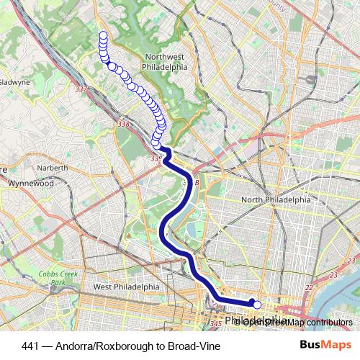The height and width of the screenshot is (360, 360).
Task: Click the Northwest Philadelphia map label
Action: tap(166, 63)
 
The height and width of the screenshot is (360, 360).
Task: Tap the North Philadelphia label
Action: tap(276, 200)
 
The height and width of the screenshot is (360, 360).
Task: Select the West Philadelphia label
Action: tap(126, 287)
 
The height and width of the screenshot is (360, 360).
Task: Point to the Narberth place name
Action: tap(53, 168)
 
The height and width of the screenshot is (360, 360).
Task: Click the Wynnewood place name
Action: tap(31, 184)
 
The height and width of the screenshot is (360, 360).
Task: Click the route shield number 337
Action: tap(81, 89)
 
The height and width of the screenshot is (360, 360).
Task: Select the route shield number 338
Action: tap(123, 125)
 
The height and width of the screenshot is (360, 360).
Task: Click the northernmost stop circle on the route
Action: tap(103, 35)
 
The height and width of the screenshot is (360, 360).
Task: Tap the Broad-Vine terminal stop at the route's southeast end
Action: tap(257, 305)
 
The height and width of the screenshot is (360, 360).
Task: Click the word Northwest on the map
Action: tap(166, 58)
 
